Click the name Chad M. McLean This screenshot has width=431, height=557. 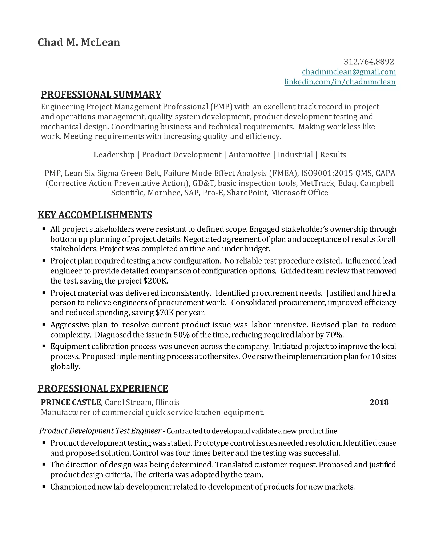(x=79, y=42)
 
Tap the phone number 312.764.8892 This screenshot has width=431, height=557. (x=369, y=62)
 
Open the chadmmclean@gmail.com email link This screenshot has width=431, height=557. (x=349, y=72)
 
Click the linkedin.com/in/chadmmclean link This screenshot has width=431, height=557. (x=340, y=82)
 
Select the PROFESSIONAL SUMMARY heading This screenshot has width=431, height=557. (x=101, y=95)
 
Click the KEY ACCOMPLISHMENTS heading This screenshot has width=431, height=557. (x=95, y=215)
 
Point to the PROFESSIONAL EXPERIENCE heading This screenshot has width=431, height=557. (x=103, y=389)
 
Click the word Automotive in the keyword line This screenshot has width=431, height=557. (x=249, y=155)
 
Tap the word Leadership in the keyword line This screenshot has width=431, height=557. (x=114, y=155)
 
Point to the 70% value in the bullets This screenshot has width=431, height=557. (x=334, y=335)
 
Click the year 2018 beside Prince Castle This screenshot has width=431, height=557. (x=379, y=403)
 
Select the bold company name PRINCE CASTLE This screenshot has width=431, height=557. (x=71, y=403)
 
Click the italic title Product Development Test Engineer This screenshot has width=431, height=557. (x=100, y=431)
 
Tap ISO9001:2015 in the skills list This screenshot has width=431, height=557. (x=327, y=173)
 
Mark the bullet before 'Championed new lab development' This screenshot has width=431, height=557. (x=44, y=487)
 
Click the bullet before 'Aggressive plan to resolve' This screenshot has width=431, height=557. (x=44, y=325)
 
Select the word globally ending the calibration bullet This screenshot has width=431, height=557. (x=65, y=367)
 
